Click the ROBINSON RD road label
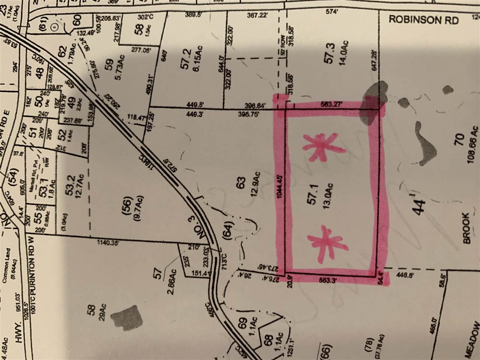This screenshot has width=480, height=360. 423,20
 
